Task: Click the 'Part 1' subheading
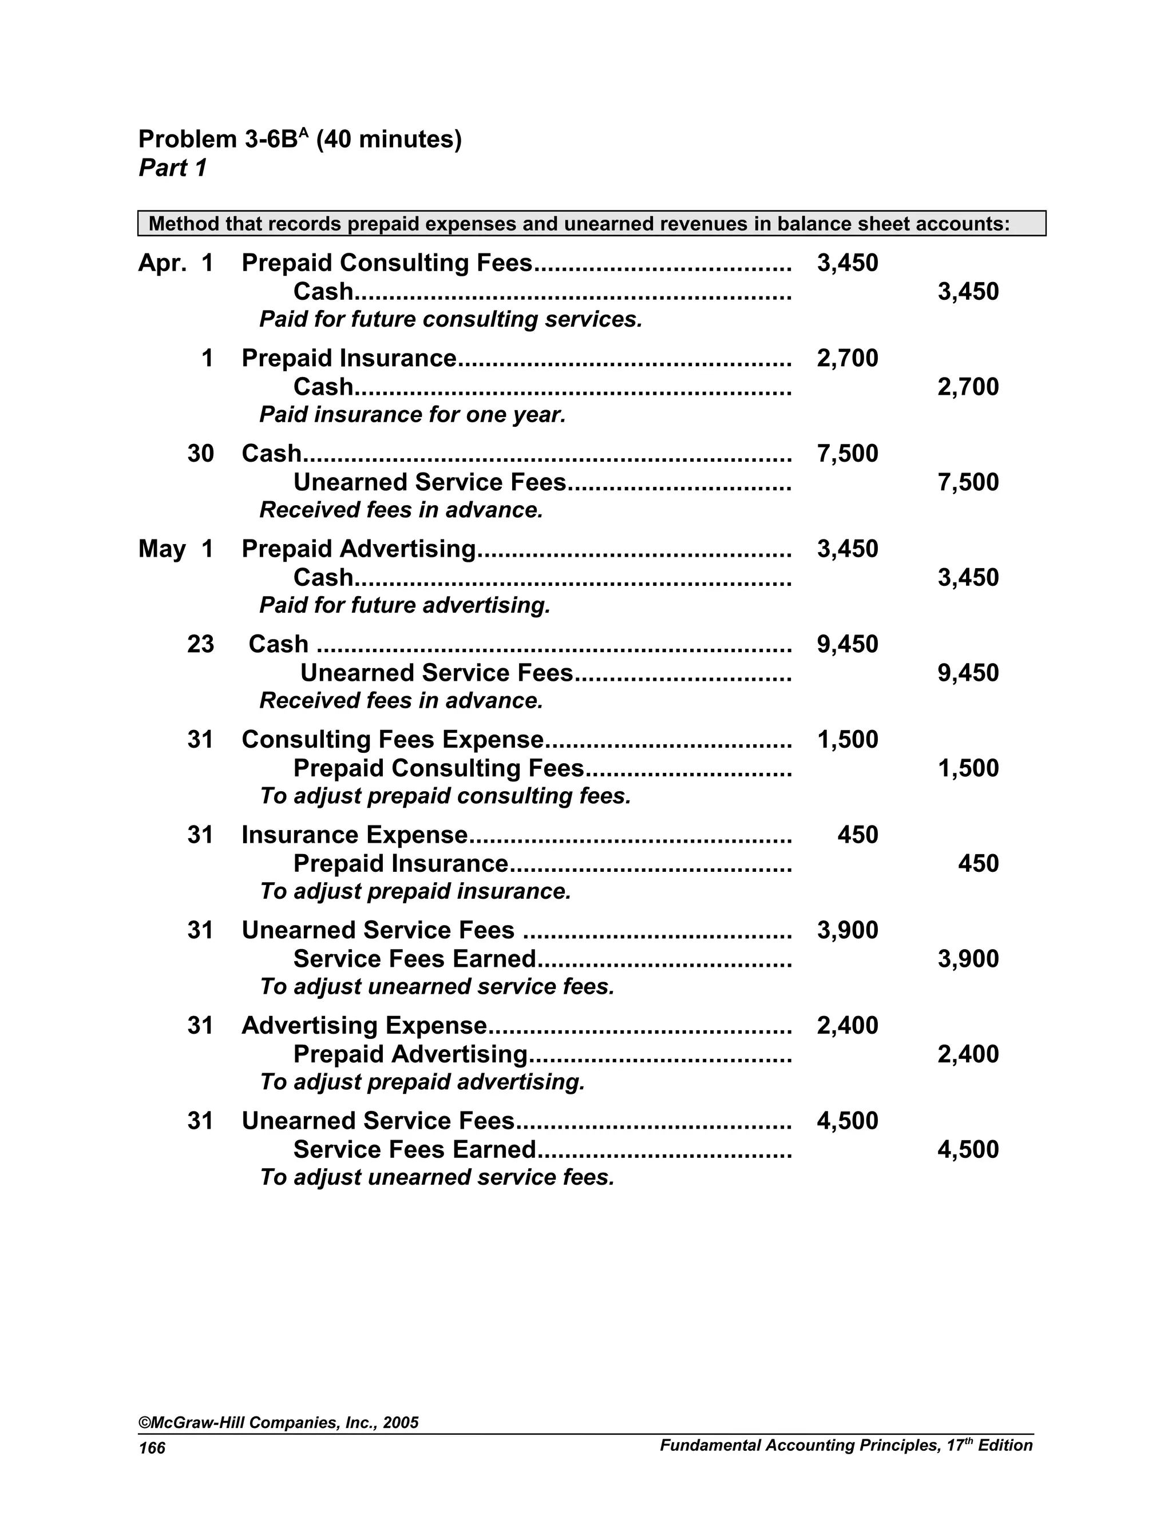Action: pyautogui.click(x=173, y=168)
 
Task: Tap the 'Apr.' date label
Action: pyautogui.click(x=162, y=263)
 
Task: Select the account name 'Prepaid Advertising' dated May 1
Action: pyautogui.click(x=358, y=549)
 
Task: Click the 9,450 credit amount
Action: pyautogui.click(x=968, y=673)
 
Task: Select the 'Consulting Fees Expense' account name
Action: pyautogui.click(x=392, y=740)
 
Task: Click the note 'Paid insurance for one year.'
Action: pyautogui.click(x=413, y=415)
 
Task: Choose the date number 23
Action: pyautogui.click(x=200, y=644)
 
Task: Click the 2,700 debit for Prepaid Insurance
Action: pyautogui.click(x=847, y=358)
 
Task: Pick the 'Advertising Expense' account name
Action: pyautogui.click(x=364, y=1026)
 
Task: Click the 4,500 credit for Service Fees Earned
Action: pyautogui.click(x=968, y=1149)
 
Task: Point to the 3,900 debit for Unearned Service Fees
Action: pyautogui.click(x=847, y=930)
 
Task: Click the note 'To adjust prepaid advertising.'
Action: pyautogui.click(x=422, y=1082)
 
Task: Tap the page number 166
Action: pyautogui.click(x=152, y=1448)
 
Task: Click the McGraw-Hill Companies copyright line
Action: pyautogui.click(x=279, y=1422)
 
